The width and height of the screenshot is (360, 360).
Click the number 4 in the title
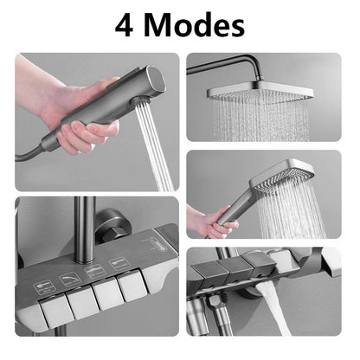(x=126, y=25)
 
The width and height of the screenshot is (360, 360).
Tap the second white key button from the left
(x=81, y=299)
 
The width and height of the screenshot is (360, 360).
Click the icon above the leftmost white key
(x=42, y=287)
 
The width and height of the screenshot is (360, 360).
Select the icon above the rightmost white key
(x=122, y=262)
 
